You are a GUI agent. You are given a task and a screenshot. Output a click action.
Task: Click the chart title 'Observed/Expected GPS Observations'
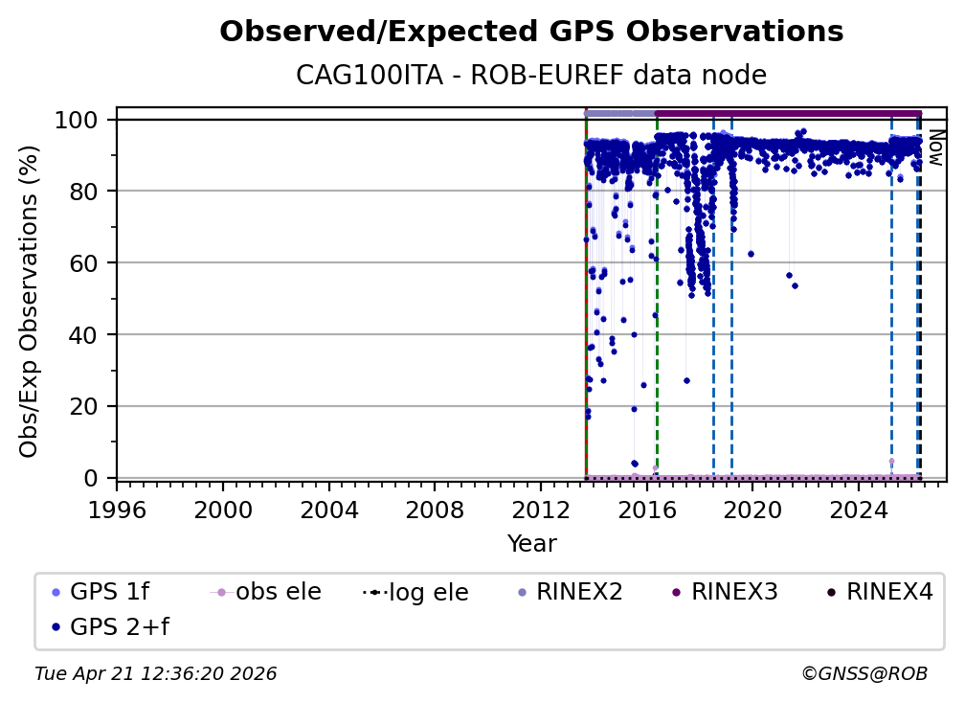pyautogui.click(x=531, y=32)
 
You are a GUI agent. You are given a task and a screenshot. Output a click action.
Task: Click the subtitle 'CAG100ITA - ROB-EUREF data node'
pyautogui.click(x=531, y=75)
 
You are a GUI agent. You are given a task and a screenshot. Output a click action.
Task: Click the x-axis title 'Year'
pyautogui.click(x=531, y=544)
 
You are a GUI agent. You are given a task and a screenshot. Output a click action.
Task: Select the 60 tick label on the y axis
pyautogui.click(x=88, y=262)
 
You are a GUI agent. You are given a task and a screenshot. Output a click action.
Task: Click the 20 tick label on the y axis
pyautogui.click(x=88, y=406)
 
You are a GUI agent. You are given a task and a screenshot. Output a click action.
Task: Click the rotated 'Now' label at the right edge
pyautogui.click(x=935, y=147)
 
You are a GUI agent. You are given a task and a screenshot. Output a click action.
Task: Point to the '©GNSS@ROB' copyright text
pyautogui.click(x=864, y=674)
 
